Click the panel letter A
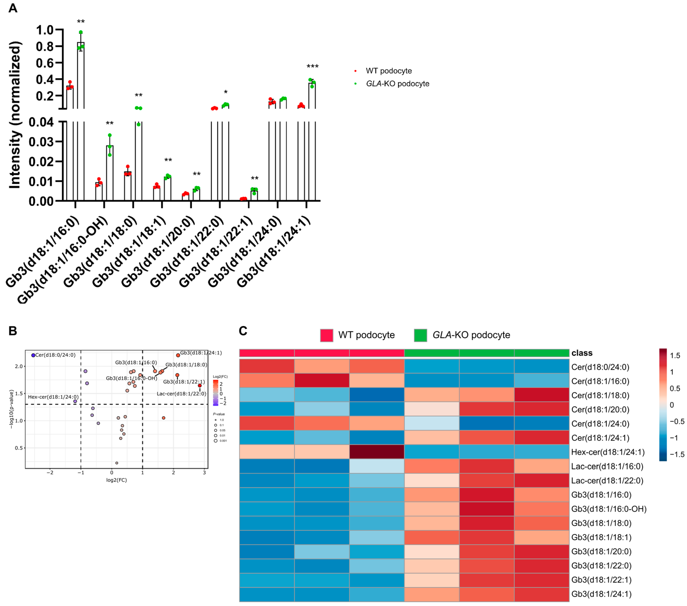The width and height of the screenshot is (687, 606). click(13, 8)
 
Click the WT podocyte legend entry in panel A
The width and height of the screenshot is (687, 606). click(388, 71)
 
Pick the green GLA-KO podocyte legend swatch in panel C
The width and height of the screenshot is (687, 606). click(420, 335)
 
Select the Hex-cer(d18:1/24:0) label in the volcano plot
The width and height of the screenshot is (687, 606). click(53, 397)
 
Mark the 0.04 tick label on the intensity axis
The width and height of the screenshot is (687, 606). click(41, 122)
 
